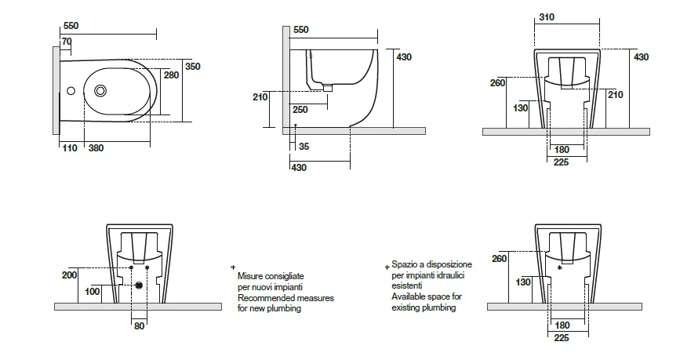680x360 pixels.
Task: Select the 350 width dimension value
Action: tap(193, 67)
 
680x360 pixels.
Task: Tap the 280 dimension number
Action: tap(171, 75)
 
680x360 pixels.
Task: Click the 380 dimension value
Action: tap(96, 148)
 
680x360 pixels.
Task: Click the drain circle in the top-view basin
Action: tap(101, 91)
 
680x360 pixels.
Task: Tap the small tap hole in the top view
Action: tap(71, 91)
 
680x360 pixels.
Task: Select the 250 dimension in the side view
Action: tap(300, 110)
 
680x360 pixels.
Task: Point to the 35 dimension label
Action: tap(304, 147)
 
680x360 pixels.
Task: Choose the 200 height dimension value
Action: tap(70, 275)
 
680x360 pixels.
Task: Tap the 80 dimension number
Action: tap(138, 325)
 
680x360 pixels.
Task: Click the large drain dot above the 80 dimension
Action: tap(140, 285)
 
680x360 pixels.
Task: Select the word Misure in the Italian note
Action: tap(251, 278)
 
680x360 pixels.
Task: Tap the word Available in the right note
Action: tap(409, 298)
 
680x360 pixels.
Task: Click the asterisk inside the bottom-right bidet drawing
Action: tap(559, 268)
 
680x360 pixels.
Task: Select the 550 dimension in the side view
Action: tap(301, 30)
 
